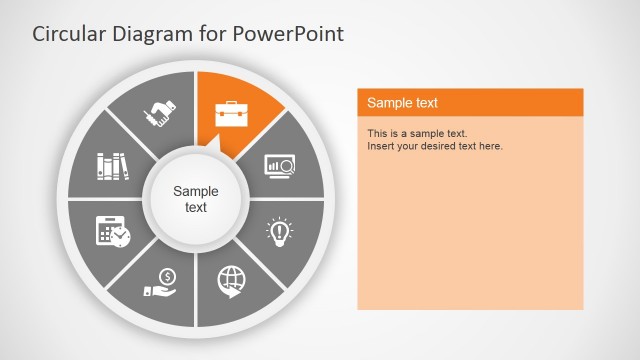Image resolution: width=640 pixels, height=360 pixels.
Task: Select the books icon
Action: coord(113,165)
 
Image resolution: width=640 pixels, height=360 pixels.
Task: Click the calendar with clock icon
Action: coord(113,231)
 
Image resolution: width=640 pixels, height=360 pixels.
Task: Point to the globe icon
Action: coord(231,282)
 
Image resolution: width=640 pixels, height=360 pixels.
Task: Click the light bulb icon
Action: coord(279,231)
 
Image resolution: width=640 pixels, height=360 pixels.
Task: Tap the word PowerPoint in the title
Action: coord(290,34)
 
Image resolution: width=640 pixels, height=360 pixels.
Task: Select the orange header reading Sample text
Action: coord(470,102)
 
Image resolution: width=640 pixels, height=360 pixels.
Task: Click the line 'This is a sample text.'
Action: coord(417,133)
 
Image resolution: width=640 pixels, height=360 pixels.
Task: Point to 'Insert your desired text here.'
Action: coord(435,146)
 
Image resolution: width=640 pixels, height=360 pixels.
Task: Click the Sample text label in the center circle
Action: coord(196,199)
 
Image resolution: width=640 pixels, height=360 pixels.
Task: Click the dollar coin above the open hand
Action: coord(167,276)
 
